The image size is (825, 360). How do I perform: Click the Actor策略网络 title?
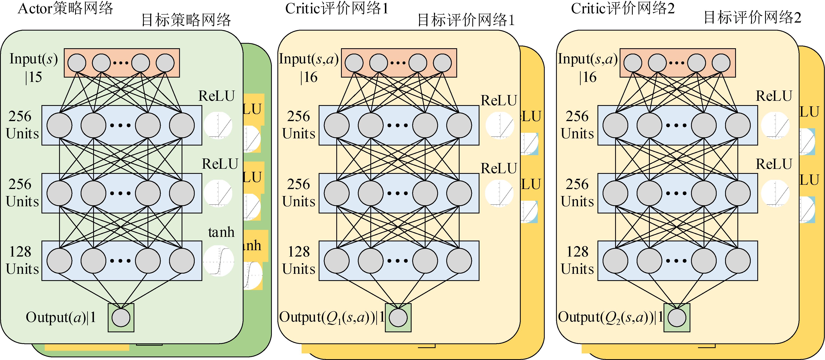coord(65,8)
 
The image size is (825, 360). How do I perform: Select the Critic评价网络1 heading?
coord(337,8)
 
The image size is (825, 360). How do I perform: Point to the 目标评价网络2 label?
coord(752,18)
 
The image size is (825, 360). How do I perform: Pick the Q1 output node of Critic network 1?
coord(398,318)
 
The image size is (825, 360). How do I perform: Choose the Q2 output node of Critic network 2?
coord(677,318)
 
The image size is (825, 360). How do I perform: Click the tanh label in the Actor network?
coord(221,232)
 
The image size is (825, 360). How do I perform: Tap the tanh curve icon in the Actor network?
coord(219,261)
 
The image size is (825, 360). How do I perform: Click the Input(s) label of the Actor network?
coord(34,59)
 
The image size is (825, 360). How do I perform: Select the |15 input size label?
coord(34,77)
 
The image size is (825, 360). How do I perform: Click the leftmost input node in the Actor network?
coord(77,63)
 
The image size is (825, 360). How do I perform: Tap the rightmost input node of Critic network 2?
coord(721,63)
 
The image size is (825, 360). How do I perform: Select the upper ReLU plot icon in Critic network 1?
coord(500,126)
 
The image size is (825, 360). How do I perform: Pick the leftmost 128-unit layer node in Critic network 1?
coord(337,261)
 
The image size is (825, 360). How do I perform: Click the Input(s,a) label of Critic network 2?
coord(588,59)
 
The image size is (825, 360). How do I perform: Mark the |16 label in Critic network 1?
coord(309,77)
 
